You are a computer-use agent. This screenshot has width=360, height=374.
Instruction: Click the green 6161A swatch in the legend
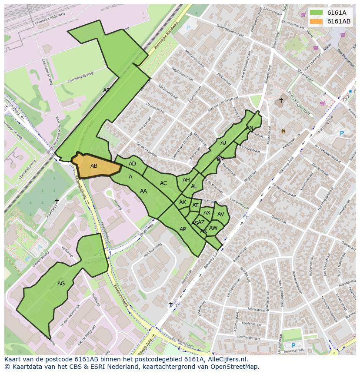click(x=317, y=13)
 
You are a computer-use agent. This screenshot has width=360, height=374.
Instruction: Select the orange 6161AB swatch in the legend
click(x=317, y=21)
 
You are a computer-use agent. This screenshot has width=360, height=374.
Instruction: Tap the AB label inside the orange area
click(x=94, y=166)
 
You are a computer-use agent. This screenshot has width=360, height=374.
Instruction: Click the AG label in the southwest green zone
click(x=61, y=284)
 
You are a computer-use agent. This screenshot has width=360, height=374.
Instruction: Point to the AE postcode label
click(x=107, y=90)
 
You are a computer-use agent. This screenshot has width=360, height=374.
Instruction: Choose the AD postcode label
click(x=132, y=164)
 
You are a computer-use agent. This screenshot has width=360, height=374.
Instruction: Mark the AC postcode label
click(x=163, y=183)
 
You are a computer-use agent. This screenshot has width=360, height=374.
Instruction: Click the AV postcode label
click(x=221, y=214)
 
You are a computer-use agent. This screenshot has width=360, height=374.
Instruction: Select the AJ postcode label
click(x=223, y=142)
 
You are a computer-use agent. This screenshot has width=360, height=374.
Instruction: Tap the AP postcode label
click(x=183, y=229)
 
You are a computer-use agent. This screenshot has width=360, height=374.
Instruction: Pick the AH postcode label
click(x=186, y=180)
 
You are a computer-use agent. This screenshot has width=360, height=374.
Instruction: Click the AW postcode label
click(x=213, y=228)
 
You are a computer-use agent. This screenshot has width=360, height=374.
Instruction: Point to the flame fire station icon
click(x=283, y=130)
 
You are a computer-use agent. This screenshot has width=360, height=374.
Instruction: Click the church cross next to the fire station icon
click(x=281, y=100)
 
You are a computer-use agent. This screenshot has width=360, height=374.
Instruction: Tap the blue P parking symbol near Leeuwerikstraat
click(x=341, y=133)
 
